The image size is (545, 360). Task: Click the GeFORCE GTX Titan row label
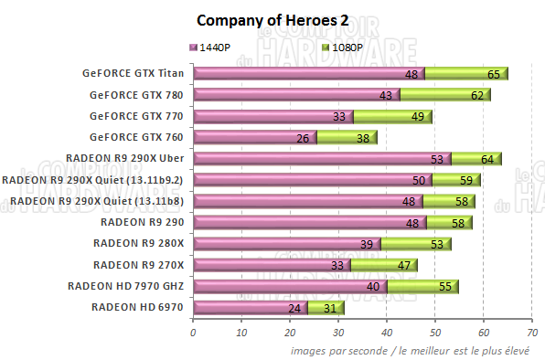(x=133, y=74)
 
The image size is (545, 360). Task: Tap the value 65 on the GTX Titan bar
(x=493, y=74)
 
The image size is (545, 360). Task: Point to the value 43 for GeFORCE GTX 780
(x=384, y=95)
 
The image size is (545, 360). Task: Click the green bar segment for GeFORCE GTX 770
(x=393, y=116)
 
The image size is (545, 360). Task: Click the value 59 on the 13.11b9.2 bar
(x=466, y=180)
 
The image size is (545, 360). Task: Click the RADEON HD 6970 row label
(x=138, y=307)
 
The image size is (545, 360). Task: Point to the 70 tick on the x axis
(x=531, y=333)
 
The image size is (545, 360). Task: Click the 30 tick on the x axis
(x=337, y=333)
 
